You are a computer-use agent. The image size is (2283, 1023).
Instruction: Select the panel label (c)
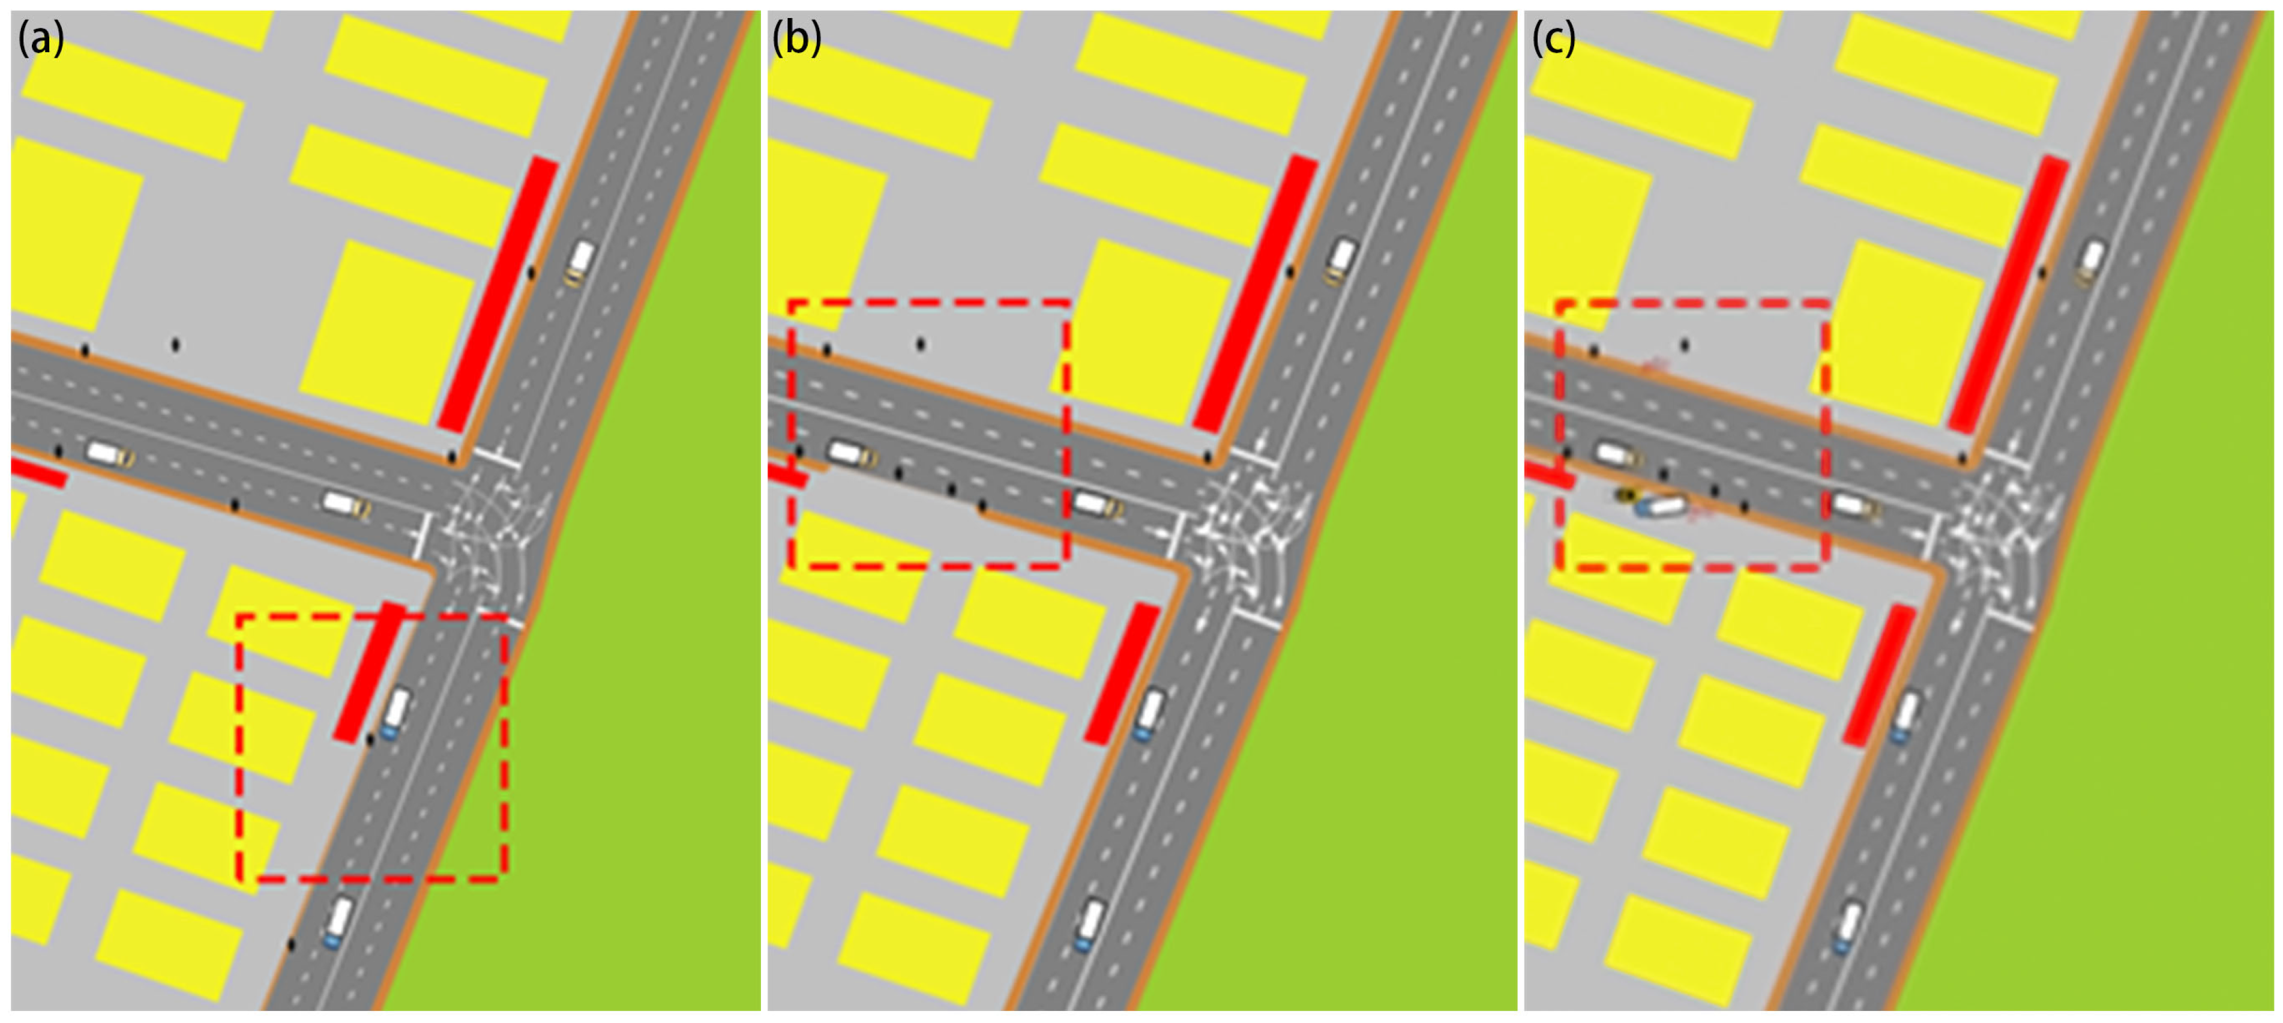pyautogui.click(x=1554, y=39)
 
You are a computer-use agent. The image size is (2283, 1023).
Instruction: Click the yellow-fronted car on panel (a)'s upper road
pyautogui.click(x=580, y=262)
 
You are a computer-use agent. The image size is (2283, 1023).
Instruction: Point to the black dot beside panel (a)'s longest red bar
pyautogui.click(x=531, y=272)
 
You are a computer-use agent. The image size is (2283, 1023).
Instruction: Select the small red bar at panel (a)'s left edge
pyautogui.click(x=38, y=472)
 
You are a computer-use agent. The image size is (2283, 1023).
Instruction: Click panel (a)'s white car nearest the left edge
pyautogui.click(x=109, y=454)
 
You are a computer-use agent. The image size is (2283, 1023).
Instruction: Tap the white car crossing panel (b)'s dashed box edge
pyautogui.click(x=1097, y=504)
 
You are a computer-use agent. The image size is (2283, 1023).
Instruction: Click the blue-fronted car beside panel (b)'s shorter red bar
pyautogui.click(x=1149, y=714)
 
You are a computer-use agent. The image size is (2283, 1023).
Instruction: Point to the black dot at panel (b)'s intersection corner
pyautogui.click(x=1207, y=457)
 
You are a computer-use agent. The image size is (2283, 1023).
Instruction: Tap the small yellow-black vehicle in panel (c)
pyautogui.click(x=1623, y=495)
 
